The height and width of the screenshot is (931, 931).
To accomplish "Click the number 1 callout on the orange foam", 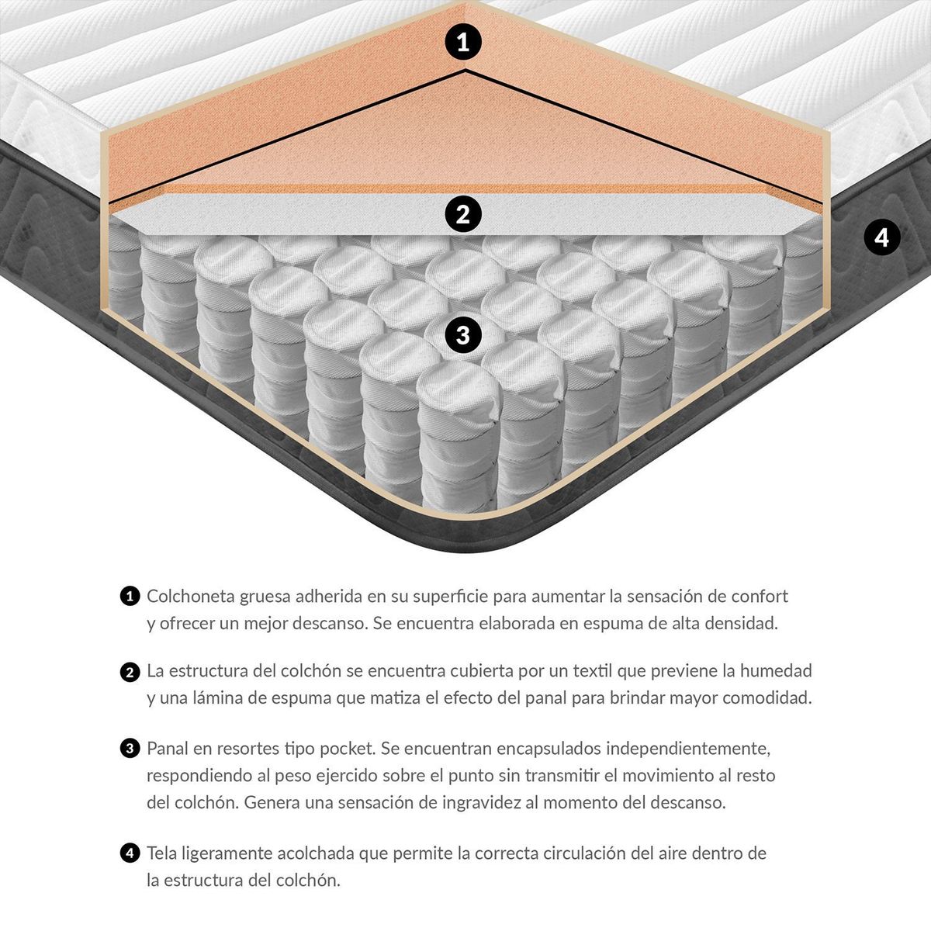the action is [463, 42].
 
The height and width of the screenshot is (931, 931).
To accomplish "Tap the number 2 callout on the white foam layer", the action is [463, 213].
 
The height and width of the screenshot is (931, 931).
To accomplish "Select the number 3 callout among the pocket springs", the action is [463, 334].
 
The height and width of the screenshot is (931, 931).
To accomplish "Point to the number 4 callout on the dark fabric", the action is [881, 237].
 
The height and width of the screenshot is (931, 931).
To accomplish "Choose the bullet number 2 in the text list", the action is [130, 672].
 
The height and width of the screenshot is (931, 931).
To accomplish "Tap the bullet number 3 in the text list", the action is [130, 749].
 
